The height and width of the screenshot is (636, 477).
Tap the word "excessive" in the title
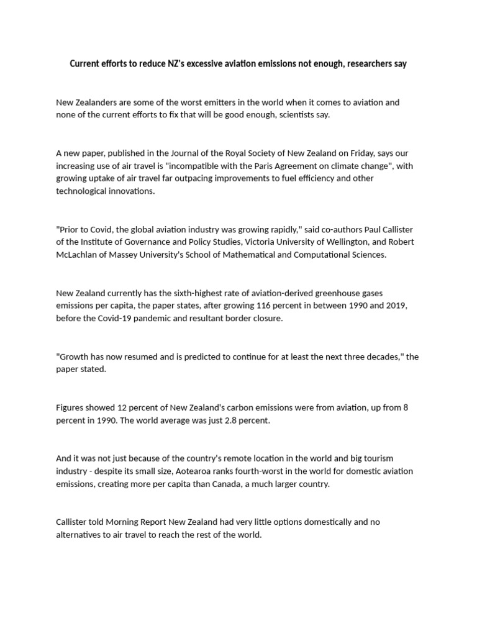tap(209, 64)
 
